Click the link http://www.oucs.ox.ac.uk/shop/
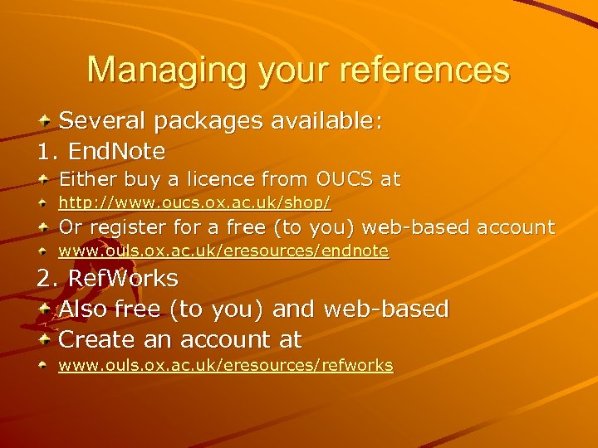(194, 202)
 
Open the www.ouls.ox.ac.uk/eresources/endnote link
(223, 251)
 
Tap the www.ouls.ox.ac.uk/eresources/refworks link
(225, 365)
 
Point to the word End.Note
(116, 151)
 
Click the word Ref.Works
(123, 278)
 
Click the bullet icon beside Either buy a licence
(47, 179)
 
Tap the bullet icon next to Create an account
(47, 339)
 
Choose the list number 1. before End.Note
(47, 151)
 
